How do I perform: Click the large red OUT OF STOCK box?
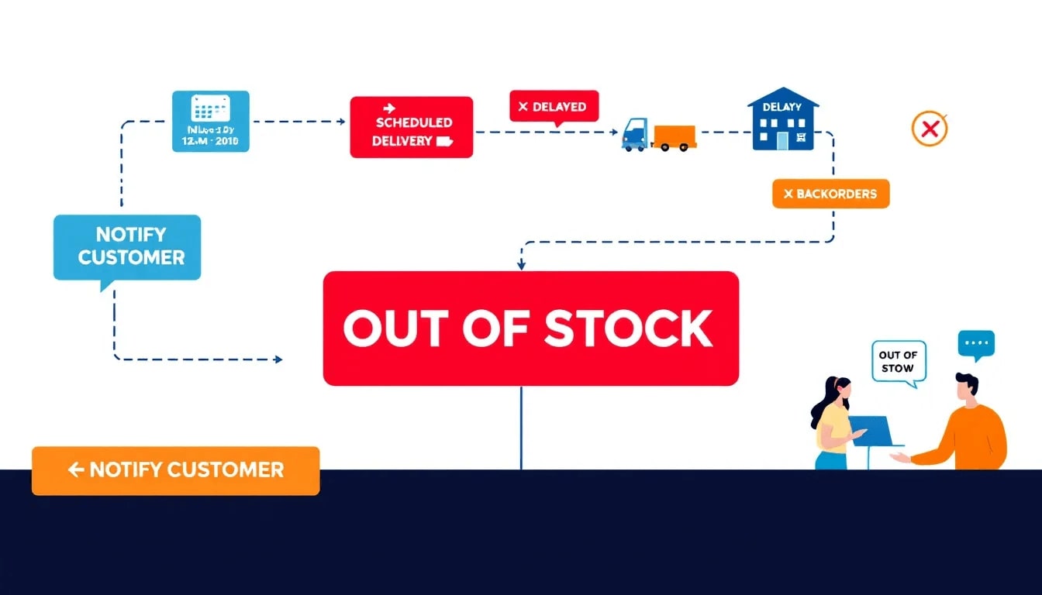pos(530,328)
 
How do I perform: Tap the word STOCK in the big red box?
pos(628,328)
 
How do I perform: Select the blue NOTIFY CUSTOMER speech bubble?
pos(127,246)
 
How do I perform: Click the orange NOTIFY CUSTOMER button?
pos(175,470)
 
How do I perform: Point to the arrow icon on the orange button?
pos(76,469)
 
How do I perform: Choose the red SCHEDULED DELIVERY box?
pos(411,127)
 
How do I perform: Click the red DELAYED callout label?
pos(554,106)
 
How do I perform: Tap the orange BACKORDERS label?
pos(830,194)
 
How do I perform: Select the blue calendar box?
pos(210,121)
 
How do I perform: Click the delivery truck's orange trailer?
pos(674,136)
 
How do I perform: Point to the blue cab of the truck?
pos(636,134)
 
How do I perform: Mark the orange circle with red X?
pos(929,129)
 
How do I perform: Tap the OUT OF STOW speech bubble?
pos(899,362)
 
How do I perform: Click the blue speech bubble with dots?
pos(975,344)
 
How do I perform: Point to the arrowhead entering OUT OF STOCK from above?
pos(521,265)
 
